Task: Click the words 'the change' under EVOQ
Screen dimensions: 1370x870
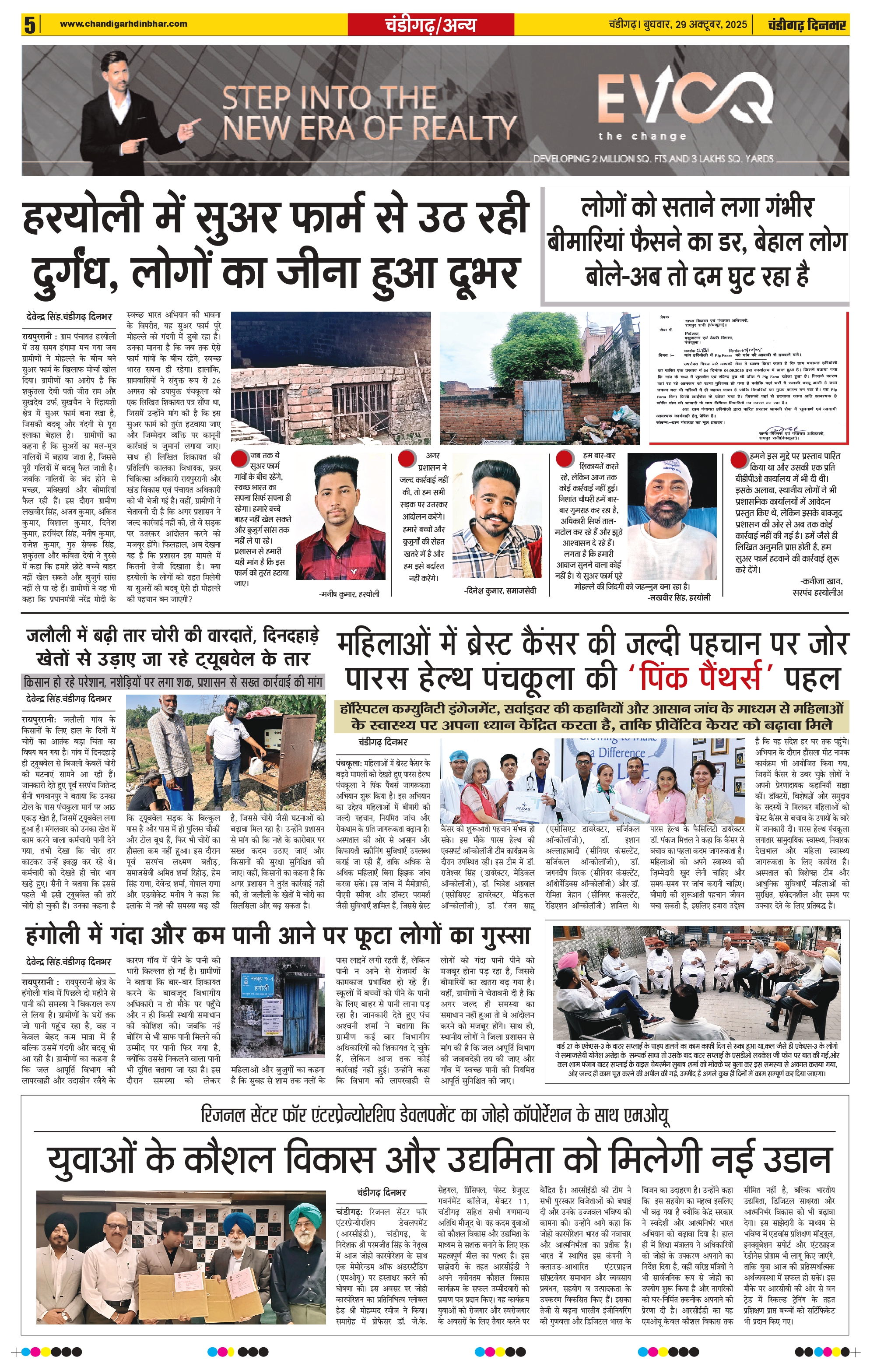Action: click(x=642, y=137)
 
